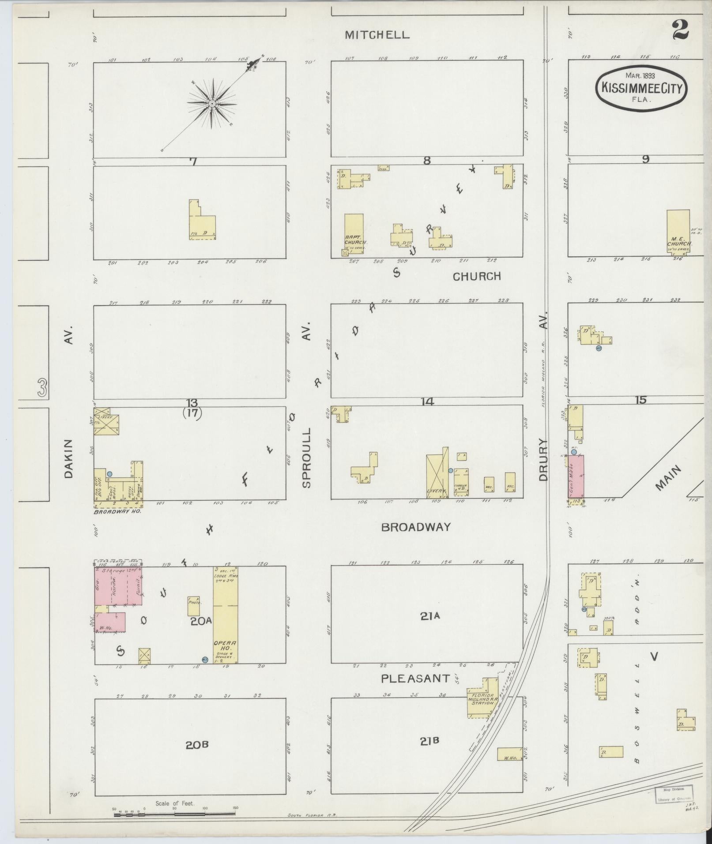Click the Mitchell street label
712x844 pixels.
coord(377,35)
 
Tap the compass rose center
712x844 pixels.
coord(212,104)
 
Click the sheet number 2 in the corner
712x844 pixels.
coord(681,30)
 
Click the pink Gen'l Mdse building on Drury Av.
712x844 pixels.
coord(576,476)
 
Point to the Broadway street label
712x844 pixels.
coord(416,527)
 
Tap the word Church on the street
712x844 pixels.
coord(476,277)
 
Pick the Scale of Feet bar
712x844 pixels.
coord(174,814)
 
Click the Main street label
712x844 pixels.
coord(668,478)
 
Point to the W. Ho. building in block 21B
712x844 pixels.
coord(510,754)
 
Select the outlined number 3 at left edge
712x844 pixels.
coord(42,387)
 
